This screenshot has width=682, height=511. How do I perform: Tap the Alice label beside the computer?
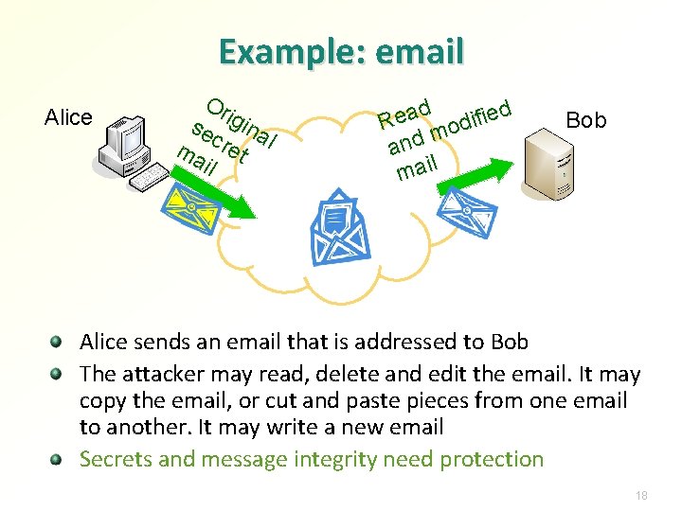(68, 117)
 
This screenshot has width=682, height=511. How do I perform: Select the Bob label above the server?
(585, 120)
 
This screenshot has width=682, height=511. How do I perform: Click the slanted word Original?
(242, 128)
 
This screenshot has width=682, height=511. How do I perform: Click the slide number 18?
(641, 495)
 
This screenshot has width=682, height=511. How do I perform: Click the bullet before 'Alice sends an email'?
(58, 342)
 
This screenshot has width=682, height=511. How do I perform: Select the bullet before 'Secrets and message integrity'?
(58, 460)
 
